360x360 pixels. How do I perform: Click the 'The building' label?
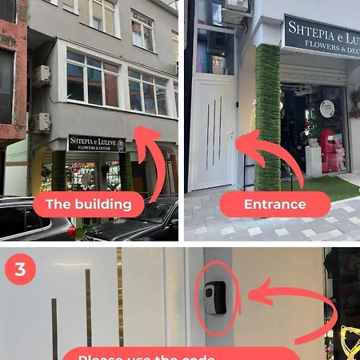(88, 205)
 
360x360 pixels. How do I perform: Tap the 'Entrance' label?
(274, 205)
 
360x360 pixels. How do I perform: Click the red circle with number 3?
(20, 270)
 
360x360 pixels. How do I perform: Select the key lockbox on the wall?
(214, 298)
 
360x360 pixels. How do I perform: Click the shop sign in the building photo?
(96, 143)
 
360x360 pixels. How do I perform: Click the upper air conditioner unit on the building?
(41, 75)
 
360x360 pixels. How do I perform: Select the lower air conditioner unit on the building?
(40, 122)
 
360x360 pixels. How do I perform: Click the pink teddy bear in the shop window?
(330, 150)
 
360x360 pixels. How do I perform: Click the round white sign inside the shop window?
(326, 109)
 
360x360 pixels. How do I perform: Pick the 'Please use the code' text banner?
(180, 354)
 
